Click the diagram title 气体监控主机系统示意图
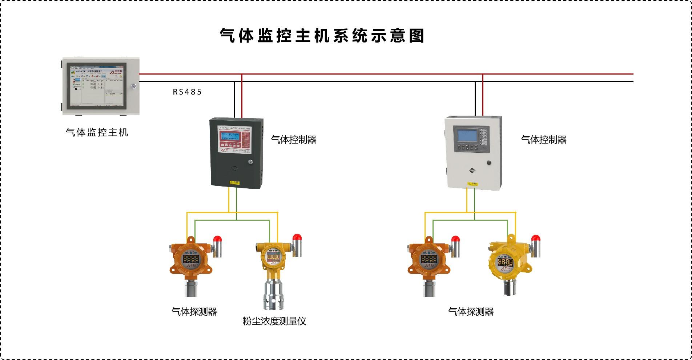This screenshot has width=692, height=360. click(322, 36)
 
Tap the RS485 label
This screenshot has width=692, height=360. click(187, 92)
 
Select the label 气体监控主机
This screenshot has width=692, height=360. click(97, 132)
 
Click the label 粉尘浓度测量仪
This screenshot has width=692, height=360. click(274, 321)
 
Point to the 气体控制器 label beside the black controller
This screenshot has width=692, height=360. click(294, 140)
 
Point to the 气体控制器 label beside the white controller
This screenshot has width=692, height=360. click(544, 140)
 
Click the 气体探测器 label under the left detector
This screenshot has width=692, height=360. click(194, 312)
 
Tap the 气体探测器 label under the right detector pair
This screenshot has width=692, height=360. click(471, 312)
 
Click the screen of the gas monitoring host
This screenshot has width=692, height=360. click(97, 86)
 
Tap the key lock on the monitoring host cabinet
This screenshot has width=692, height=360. click(134, 86)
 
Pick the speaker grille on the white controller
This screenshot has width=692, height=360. click(472, 170)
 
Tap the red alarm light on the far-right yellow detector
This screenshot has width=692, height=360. click(536, 239)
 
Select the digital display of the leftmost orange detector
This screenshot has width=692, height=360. click(190, 259)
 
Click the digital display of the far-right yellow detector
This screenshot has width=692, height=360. click(506, 262)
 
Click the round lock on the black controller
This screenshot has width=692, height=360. click(250, 162)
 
